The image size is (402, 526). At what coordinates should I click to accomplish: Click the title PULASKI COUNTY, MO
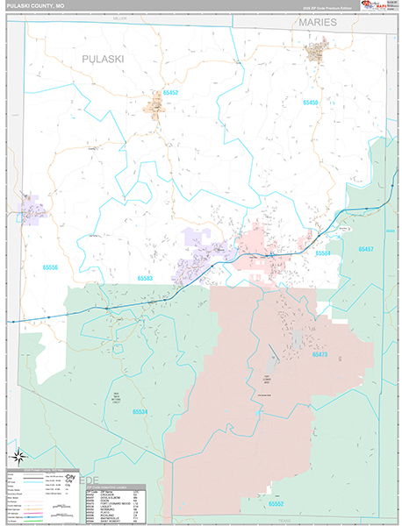coord(33,6)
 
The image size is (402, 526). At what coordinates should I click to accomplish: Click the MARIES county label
coord(316,22)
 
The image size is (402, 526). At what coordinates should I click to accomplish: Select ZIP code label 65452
coord(169,92)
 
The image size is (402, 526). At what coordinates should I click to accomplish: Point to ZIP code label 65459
coord(310,103)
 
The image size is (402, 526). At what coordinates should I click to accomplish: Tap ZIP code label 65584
coord(324,253)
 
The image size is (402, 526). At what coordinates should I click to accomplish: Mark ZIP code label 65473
coord(319,355)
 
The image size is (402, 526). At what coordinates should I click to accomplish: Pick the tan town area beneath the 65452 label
coord(156,109)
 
